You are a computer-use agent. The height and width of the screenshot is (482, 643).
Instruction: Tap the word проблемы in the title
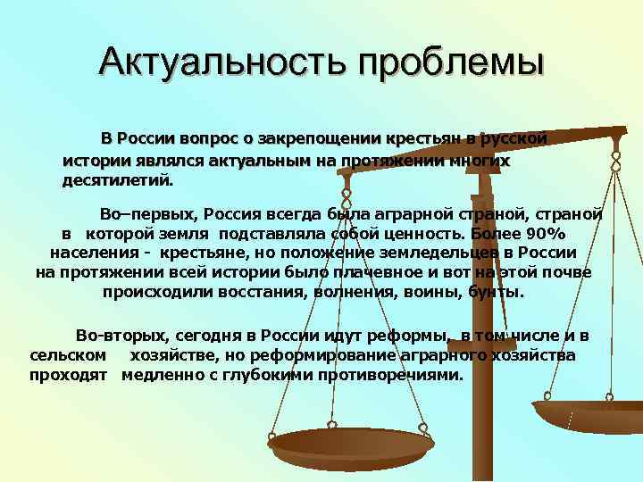(x=450, y=62)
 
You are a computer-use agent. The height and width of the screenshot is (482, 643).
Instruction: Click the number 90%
(x=544, y=234)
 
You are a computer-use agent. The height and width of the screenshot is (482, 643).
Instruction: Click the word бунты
(x=502, y=293)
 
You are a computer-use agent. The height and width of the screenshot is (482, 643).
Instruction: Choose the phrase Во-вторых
(x=121, y=336)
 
